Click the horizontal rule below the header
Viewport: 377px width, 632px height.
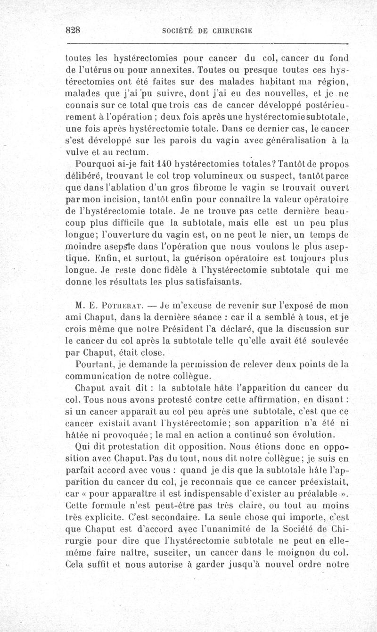tap(207, 43)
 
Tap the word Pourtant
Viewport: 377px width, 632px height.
tap(95, 364)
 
